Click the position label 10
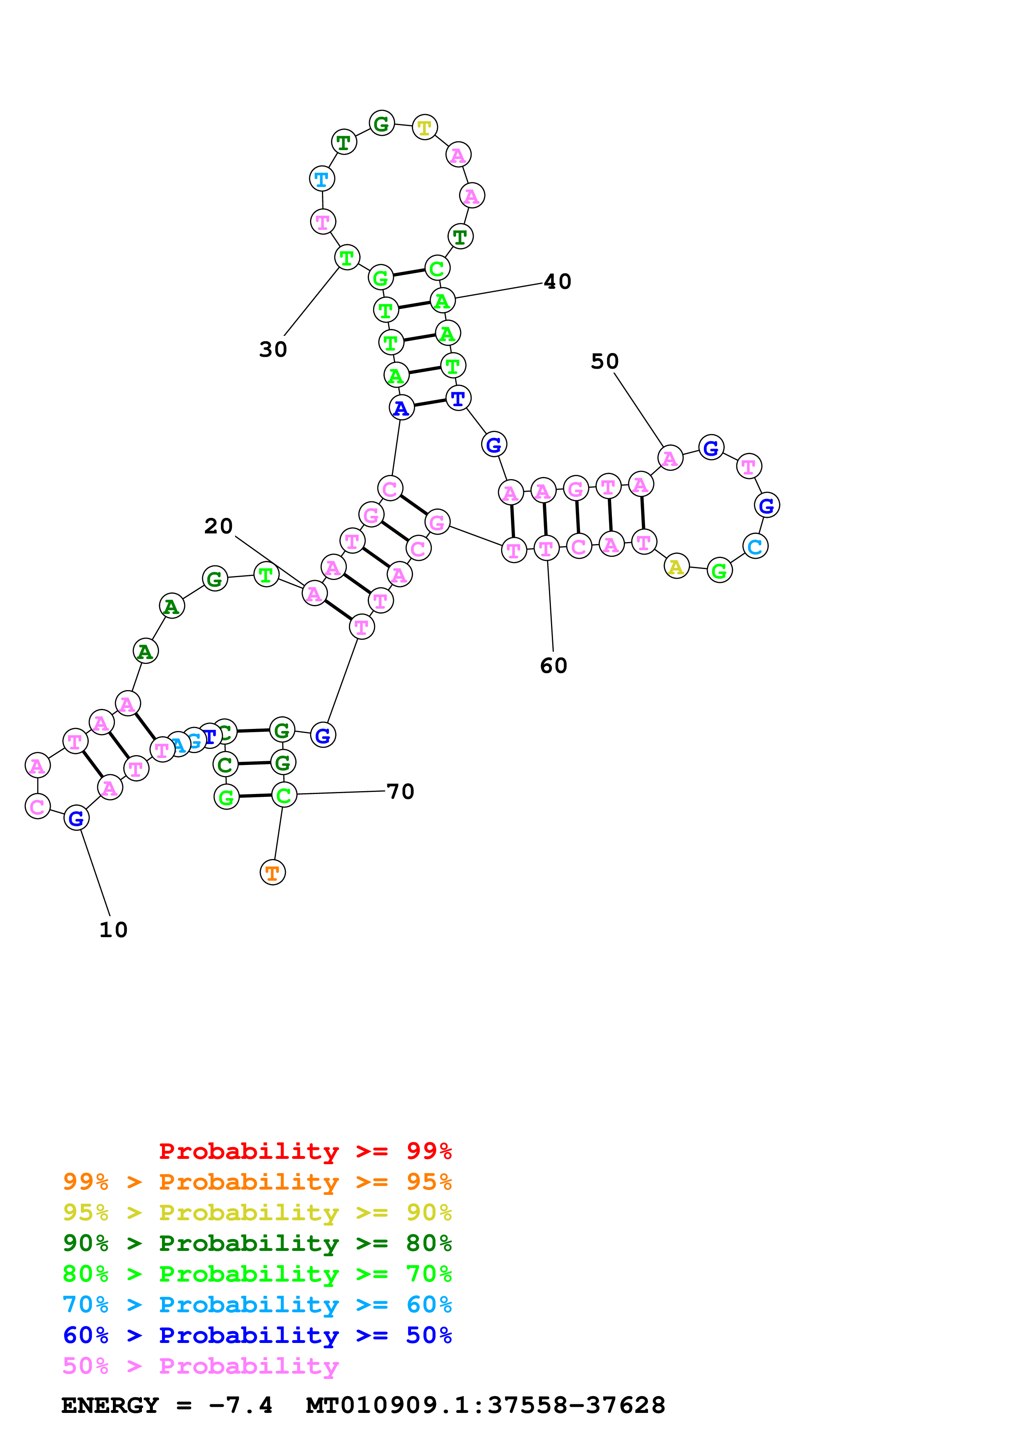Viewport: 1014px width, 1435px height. [113, 930]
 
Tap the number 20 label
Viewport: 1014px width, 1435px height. [218, 526]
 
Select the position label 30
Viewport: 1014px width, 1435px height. [273, 349]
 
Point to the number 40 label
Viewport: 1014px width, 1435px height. [557, 282]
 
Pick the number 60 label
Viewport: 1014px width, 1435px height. [553, 666]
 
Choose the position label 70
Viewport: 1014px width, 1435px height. [400, 792]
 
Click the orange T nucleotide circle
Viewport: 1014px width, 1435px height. [272, 873]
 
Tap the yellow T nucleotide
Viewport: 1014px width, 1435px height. [424, 128]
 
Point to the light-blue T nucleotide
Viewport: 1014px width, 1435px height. [322, 179]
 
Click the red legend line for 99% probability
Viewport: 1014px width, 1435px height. [305, 1151]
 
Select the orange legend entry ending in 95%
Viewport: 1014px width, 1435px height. [257, 1182]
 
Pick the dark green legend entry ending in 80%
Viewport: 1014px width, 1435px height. [257, 1243]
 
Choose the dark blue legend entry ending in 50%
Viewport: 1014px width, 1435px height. [257, 1335]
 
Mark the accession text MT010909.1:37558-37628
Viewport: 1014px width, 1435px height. [486, 1406]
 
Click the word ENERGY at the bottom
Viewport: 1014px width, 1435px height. [110, 1406]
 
